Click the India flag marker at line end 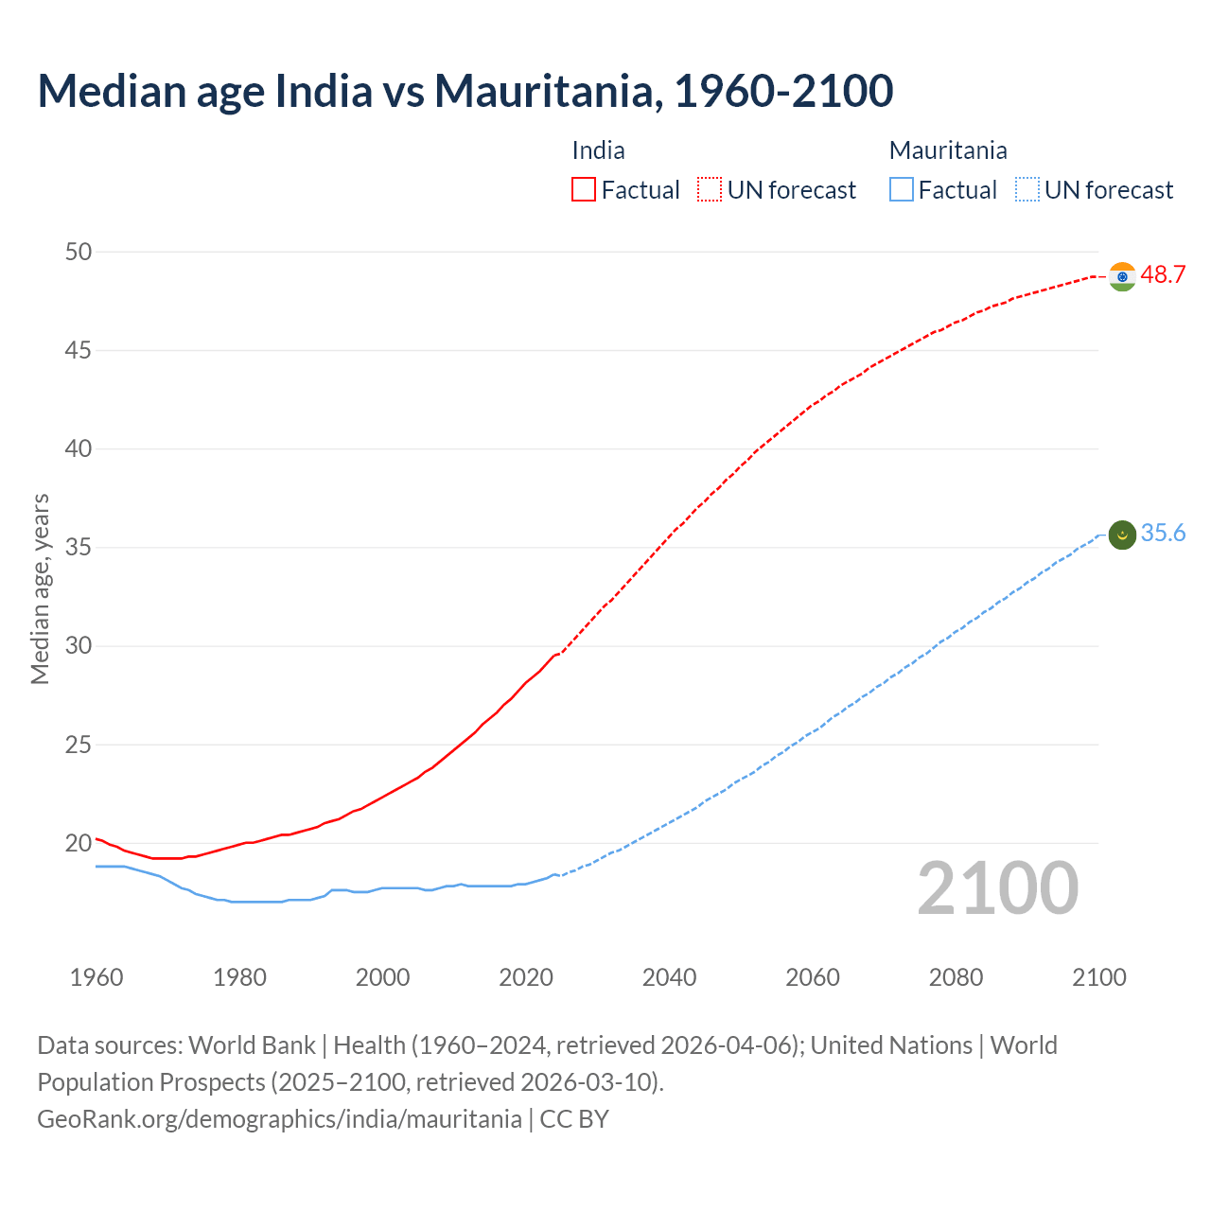(1122, 276)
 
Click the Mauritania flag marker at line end (1122, 535)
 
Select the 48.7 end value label (1163, 275)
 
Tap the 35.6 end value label (1163, 534)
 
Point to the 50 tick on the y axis (79, 252)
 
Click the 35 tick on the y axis (79, 548)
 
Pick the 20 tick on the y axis (79, 843)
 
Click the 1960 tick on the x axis (97, 977)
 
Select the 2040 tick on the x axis (669, 977)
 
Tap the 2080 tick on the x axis (956, 977)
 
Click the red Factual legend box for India (584, 190)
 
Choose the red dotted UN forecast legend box (710, 190)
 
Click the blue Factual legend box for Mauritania (902, 190)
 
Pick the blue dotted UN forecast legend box (1027, 190)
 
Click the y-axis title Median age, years (40, 588)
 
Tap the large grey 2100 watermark (997, 888)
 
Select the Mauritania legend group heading (948, 150)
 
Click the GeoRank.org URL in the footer (279, 1119)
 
